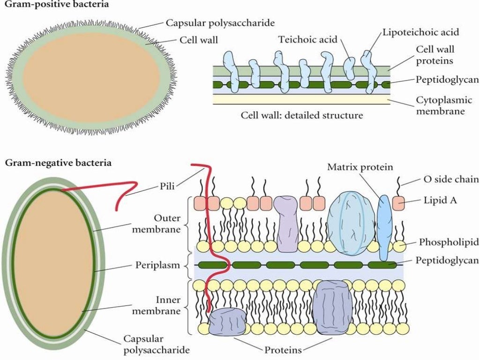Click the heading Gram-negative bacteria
pyautogui.click(x=58, y=163)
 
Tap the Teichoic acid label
pyautogui.click(x=308, y=39)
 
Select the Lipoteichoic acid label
pyautogui.click(x=420, y=32)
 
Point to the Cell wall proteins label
pyautogui.click(x=435, y=55)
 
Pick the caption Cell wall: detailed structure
pyautogui.click(x=301, y=115)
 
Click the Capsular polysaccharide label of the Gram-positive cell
pyautogui.click(x=220, y=22)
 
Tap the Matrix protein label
pyautogui.click(x=360, y=167)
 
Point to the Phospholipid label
pyautogui.click(x=449, y=242)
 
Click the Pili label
pyautogui.click(x=166, y=186)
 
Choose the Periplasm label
pyautogui.click(x=157, y=265)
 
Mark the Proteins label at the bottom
pyautogui.click(x=283, y=350)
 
